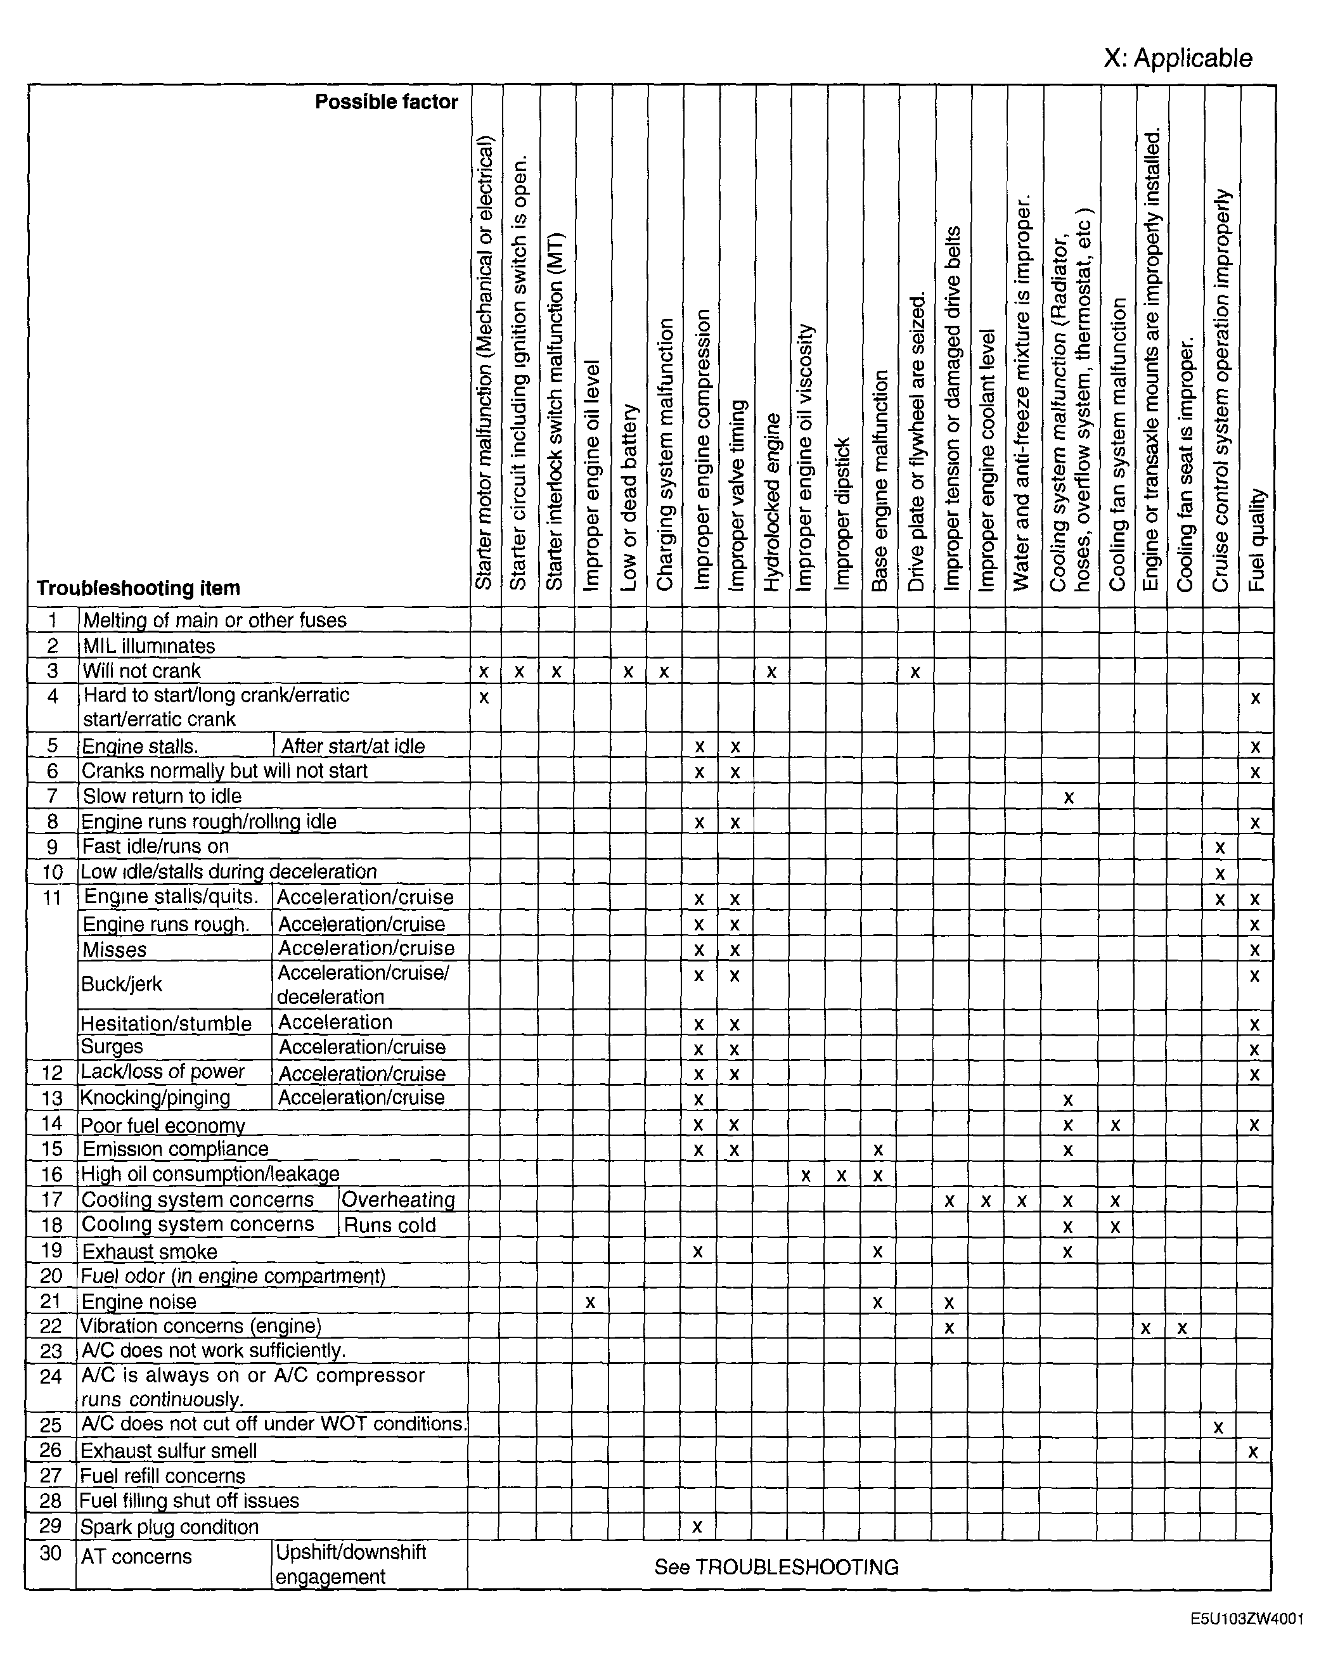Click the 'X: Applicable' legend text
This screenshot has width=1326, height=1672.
point(1177,58)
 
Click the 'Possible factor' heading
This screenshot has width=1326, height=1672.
point(386,101)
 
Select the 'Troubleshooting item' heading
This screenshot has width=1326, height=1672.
point(138,588)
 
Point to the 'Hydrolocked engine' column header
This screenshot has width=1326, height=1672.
point(771,503)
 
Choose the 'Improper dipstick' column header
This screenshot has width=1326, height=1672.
point(843,514)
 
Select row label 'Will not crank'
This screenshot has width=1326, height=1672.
point(141,671)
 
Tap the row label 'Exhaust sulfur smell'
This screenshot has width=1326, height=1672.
point(168,1451)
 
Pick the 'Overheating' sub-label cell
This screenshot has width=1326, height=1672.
point(398,1200)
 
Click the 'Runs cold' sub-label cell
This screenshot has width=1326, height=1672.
point(390,1225)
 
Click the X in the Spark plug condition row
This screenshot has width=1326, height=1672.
point(697,1527)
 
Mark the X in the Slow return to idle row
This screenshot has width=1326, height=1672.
point(1069,797)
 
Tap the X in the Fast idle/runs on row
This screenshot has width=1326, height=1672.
point(1220,847)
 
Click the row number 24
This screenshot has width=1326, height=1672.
point(51,1377)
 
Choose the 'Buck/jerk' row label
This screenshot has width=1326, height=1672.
point(122,984)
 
